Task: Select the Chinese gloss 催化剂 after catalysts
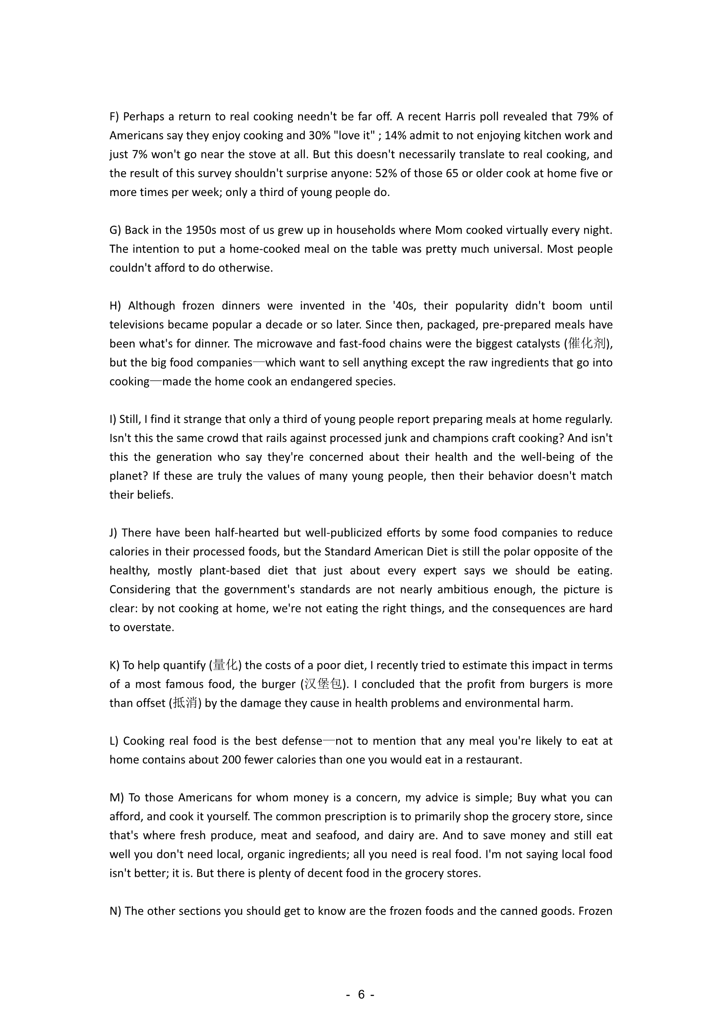tap(586, 344)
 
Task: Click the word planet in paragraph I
tap(128, 476)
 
